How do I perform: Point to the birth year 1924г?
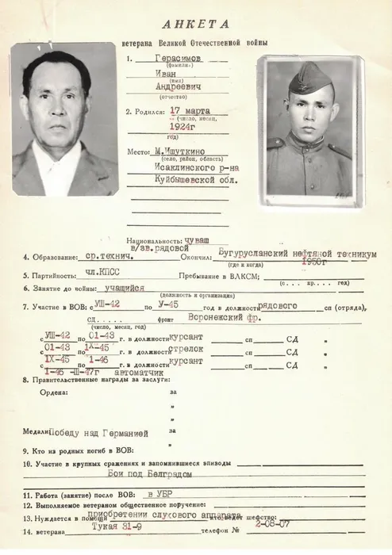coord(183,124)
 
